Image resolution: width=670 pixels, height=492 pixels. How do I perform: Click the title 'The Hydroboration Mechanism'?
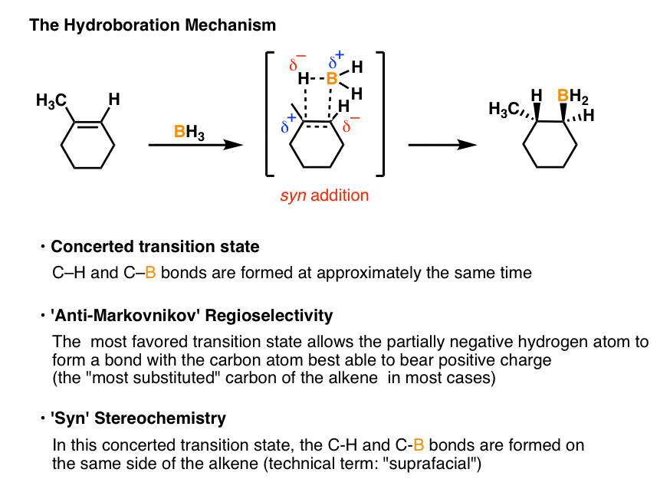click(152, 25)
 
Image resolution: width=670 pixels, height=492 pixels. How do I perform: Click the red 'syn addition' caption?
click(323, 195)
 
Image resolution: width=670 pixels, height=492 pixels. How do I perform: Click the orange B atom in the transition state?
click(332, 78)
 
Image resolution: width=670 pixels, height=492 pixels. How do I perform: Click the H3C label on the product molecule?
click(505, 110)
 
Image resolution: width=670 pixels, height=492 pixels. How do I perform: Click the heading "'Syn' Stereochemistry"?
click(138, 418)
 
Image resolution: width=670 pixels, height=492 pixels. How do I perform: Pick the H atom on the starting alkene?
click(114, 99)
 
